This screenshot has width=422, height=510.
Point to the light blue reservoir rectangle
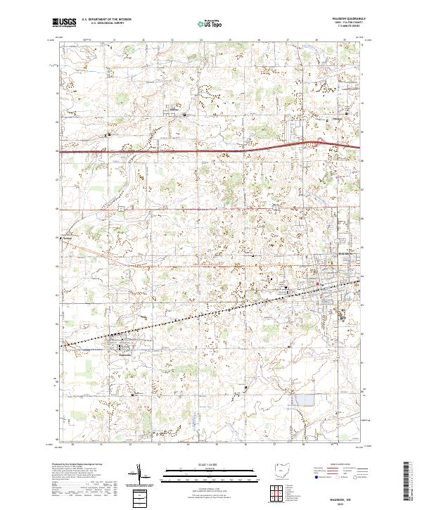305,400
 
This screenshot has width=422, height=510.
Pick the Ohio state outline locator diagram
281,471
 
